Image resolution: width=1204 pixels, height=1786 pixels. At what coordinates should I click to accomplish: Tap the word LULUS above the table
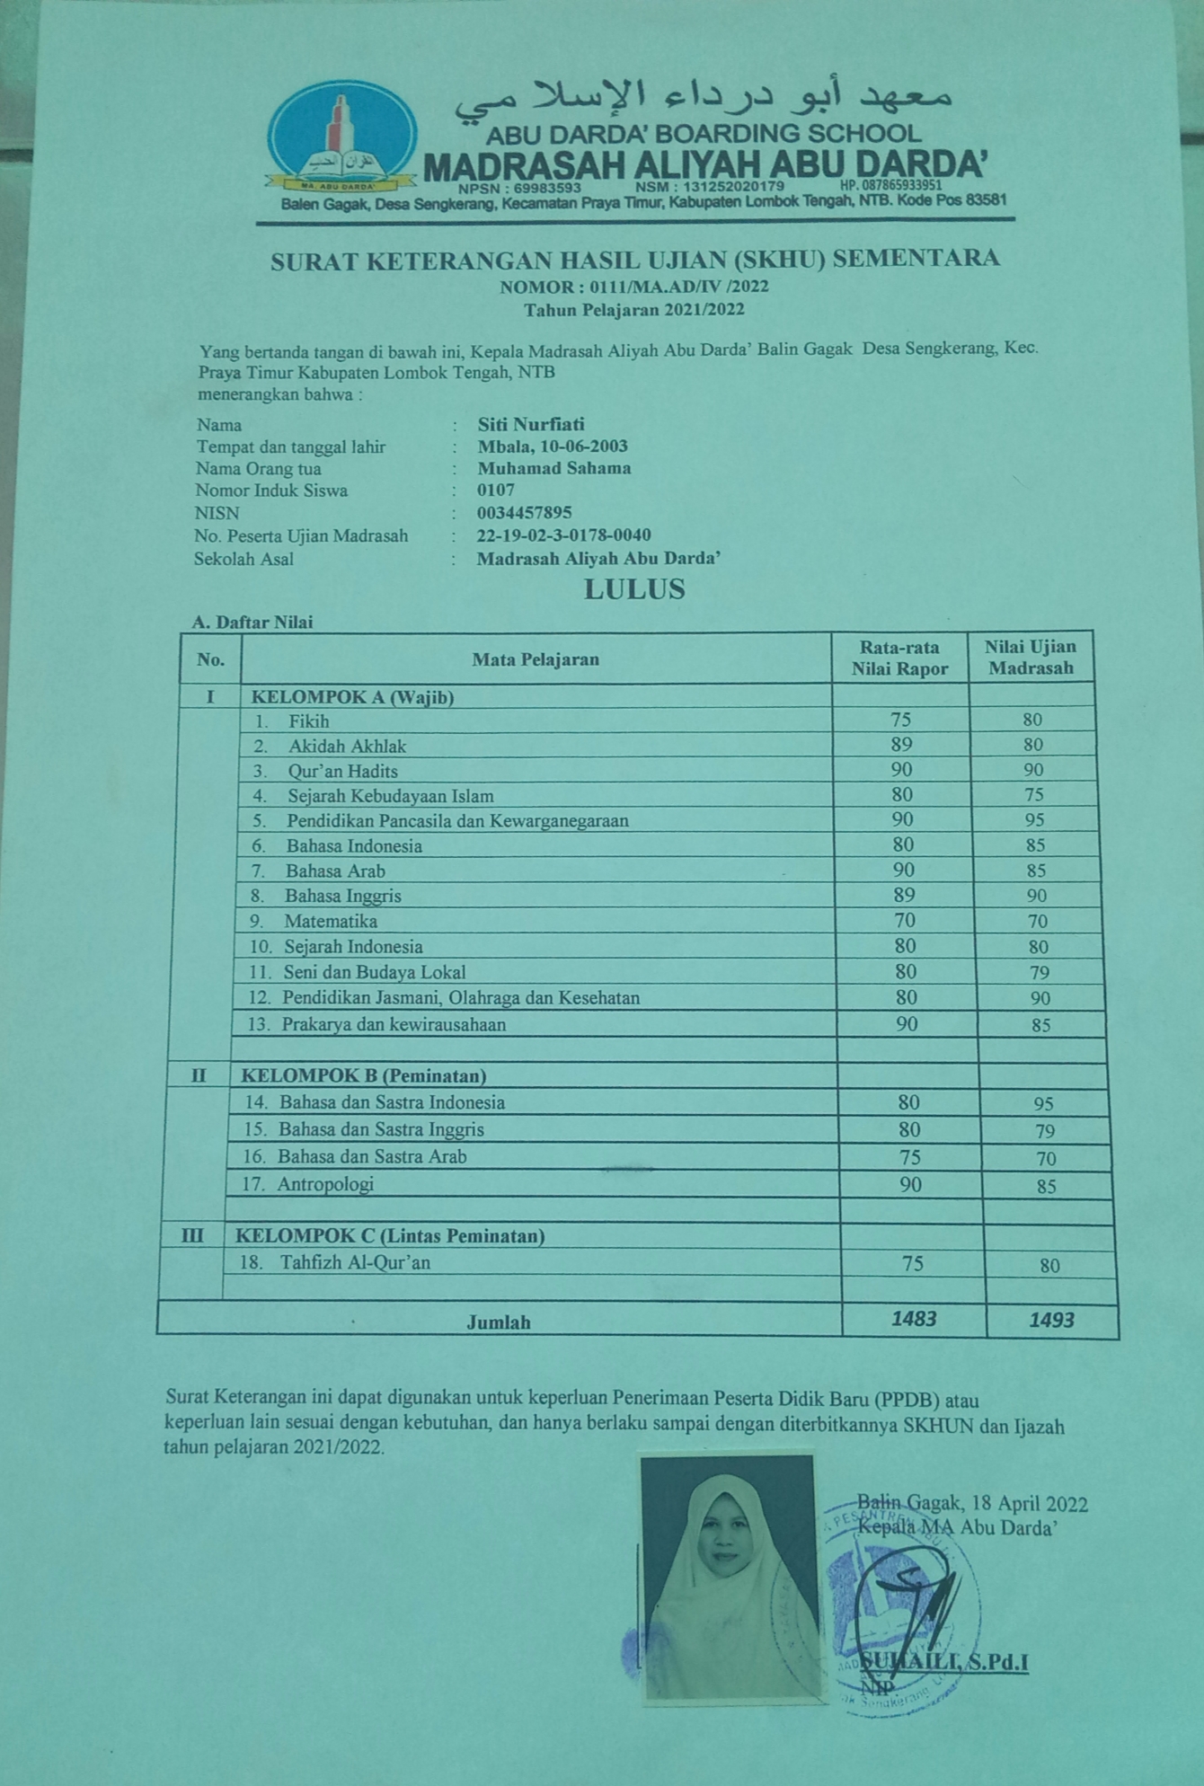634,589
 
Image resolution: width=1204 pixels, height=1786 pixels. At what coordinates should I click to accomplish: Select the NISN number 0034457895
524,513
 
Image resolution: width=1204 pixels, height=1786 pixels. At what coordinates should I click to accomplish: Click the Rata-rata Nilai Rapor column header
899,658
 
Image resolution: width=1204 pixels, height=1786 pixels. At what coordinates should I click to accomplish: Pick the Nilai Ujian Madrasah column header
1030,657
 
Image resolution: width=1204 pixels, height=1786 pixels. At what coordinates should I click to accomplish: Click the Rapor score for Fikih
900,720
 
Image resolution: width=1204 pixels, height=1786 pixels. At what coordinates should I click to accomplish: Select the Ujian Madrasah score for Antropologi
1046,1187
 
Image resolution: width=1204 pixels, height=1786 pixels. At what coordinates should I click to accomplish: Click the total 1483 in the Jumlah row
914,1318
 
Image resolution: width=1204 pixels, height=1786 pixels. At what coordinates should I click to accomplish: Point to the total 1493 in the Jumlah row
1051,1320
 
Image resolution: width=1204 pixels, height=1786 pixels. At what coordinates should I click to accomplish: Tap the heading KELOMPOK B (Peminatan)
363,1075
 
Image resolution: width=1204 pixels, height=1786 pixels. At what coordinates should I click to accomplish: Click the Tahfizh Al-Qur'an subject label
355,1262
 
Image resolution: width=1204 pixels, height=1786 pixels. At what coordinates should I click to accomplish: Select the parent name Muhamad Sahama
553,468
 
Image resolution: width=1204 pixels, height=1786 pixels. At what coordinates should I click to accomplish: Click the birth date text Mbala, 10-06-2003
552,446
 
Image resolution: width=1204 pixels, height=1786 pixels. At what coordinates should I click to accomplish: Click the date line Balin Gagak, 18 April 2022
972,1504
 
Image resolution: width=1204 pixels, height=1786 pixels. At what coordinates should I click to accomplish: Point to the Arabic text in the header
703,99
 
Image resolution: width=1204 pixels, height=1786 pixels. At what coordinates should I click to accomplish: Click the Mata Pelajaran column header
536,659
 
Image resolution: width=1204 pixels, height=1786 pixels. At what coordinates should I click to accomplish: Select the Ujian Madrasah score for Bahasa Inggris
1036,896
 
